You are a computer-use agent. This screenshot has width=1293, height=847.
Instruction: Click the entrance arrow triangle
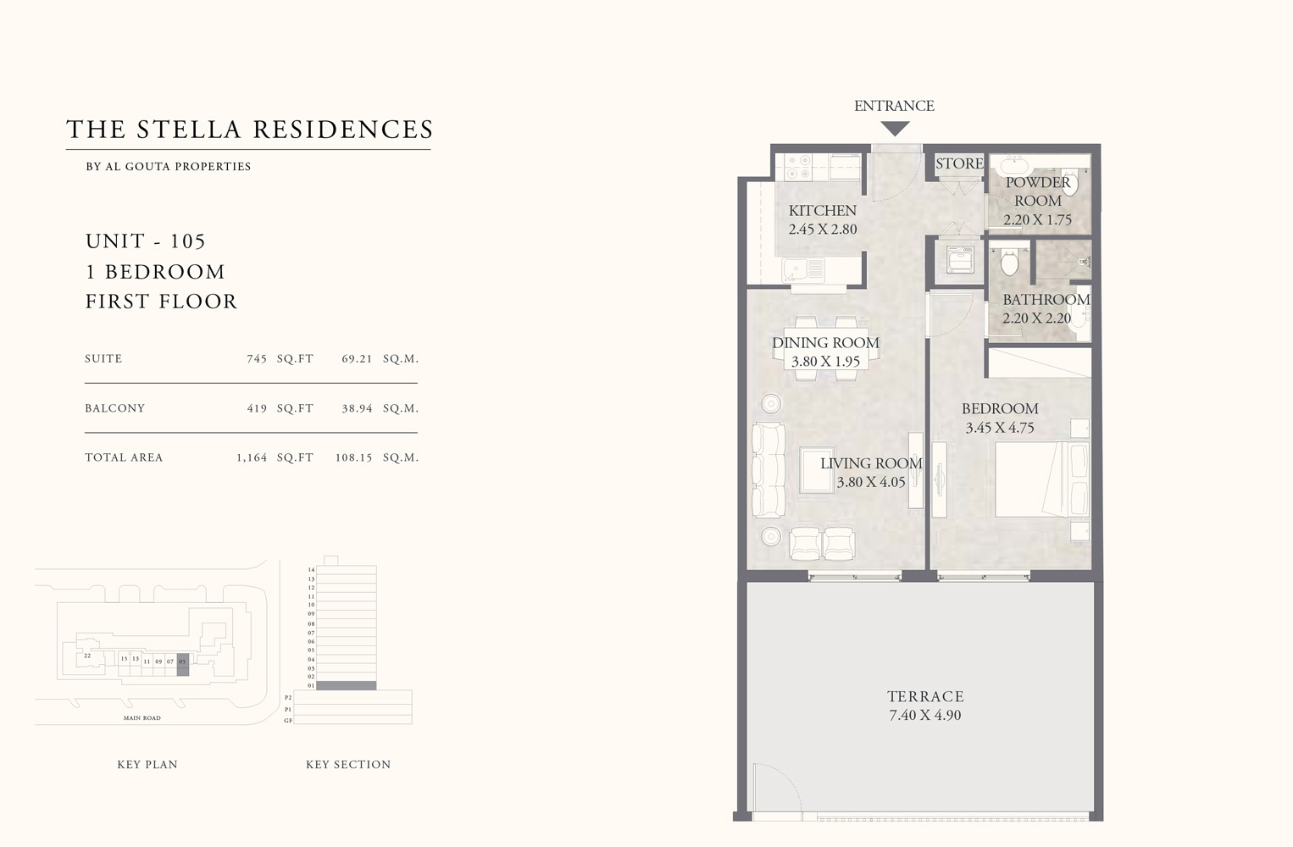895,129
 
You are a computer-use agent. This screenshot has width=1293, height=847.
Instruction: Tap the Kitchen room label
822,210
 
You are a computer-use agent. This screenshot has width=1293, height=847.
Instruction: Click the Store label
959,163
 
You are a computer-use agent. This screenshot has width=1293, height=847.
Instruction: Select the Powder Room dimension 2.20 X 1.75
1037,219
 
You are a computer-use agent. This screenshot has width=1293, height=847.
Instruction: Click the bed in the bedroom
1041,479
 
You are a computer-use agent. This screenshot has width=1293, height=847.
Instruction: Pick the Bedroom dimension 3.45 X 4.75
1000,428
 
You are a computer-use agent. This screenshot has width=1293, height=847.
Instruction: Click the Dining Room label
825,342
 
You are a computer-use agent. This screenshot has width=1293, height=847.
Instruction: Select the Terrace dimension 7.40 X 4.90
924,715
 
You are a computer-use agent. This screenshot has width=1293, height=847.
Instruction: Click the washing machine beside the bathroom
959,261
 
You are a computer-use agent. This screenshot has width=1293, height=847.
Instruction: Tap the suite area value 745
257,359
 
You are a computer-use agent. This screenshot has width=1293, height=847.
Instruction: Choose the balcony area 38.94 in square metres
357,408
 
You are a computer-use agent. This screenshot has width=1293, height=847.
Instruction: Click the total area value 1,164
252,457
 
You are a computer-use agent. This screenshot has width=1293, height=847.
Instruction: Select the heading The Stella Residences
250,130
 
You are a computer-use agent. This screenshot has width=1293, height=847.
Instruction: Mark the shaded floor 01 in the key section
346,685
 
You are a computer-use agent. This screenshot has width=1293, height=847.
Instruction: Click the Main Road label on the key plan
142,718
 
